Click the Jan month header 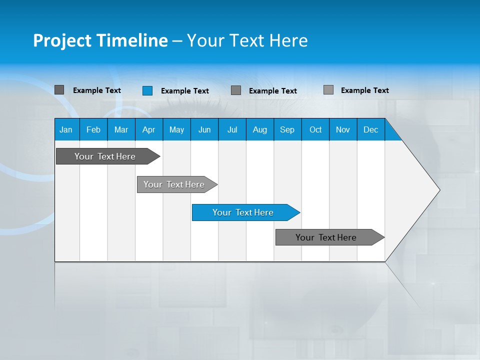pyautogui.click(x=66, y=130)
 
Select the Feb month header pyautogui.click(x=93, y=130)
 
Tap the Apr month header pyautogui.click(x=148, y=130)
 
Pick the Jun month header pyautogui.click(x=204, y=130)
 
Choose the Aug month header pyautogui.click(x=259, y=130)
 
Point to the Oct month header pyautogui.click(x=315, y=130)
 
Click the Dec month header pyautogui.click(x=370, y=130)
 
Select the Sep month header pyautogui.click(x=287, y=130)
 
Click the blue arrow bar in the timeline pyautogui.click(x=243, y=212)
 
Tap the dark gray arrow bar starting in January pyautogui.click(x=105, y=156)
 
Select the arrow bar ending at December pyautogui.click(x=326, y=237)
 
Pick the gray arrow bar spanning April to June pyautogui.click(x=174, y=184)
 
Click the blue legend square pyautogui.click(x=147, y=90)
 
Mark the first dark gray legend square pyautogui.click(x=59, y=90)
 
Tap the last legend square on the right pyautogui.click(x=328, y=90)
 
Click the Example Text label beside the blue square pyautogui.click(x=185, y=91)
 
